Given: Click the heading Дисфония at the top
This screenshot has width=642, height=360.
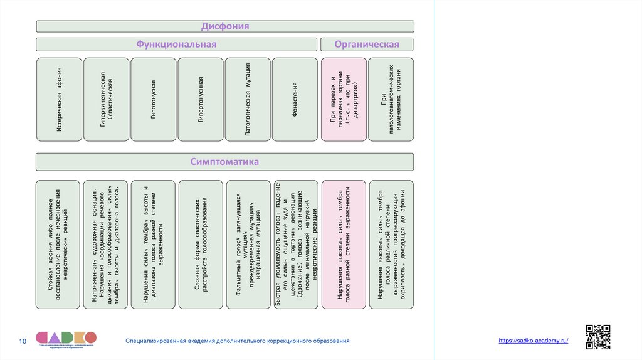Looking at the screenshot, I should (224, 26).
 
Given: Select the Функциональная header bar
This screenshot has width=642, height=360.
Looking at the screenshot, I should (176, 44).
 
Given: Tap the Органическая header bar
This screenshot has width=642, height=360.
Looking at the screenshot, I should (367, 44).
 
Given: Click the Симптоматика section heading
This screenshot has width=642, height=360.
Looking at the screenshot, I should (224, 162).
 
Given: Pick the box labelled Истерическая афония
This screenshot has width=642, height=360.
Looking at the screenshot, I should (59, 99).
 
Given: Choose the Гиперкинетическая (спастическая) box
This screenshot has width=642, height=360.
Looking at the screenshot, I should (107, 99).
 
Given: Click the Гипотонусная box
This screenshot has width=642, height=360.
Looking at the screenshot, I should (154, 99).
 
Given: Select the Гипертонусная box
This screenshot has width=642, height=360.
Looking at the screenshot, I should (201, 99).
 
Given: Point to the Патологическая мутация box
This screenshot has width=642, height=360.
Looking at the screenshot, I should (248, 99).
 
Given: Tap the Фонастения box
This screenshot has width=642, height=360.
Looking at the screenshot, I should (295, 99).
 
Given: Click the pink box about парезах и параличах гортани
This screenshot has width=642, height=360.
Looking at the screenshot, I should (344, 99).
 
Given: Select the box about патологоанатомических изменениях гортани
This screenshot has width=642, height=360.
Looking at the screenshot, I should (391, 99).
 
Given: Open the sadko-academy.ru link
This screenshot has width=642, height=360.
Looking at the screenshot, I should (534, 340).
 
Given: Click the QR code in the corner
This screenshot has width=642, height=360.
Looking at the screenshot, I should (597, 337).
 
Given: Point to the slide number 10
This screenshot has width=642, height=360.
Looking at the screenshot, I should (23, 341).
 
